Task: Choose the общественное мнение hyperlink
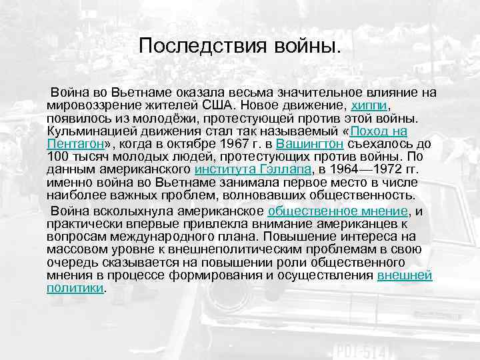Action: tap(337, 211)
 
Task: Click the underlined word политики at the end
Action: tap(76, 287)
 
